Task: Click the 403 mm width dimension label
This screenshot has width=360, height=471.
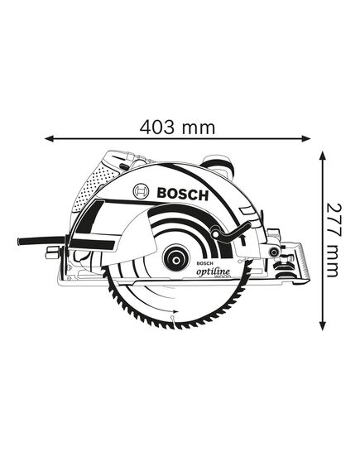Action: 177,127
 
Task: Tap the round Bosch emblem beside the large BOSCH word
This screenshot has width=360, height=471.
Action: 142,193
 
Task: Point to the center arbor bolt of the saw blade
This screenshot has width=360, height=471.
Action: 175,257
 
